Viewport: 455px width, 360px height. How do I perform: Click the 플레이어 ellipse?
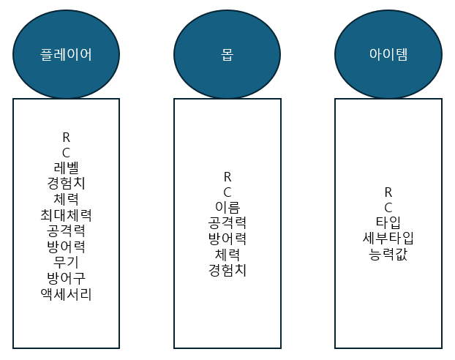[x=66, y=54]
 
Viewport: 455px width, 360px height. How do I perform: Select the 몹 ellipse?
[x=227, y=54]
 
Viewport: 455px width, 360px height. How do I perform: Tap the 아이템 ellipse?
[x=388, y=54]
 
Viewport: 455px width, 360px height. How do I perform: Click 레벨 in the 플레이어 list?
[x=66, y=168]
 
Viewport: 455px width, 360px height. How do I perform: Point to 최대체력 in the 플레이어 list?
[x=66, y=215]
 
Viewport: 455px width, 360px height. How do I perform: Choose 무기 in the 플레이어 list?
[x=66, y=262]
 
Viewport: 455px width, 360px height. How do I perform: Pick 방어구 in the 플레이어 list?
[x=66, y=278]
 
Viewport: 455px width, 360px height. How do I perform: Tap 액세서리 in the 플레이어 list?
[x=66, y=294]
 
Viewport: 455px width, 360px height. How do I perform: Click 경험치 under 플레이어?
[x=66, y=184]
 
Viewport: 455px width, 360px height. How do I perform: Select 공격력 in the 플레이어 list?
[x=66, y=231]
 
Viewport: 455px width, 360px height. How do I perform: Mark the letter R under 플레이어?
[x=66, y=137]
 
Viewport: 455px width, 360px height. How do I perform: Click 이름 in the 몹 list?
[x=227, y=208]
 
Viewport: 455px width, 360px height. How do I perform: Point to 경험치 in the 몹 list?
[x=227, y=270]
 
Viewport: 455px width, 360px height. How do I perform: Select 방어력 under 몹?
[x=227, y=239]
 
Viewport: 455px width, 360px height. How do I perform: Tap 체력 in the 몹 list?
[x=227, y=255]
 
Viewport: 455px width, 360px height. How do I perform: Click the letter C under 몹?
[x=227, y=192]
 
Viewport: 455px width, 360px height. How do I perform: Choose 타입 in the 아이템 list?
[x=388, y=223]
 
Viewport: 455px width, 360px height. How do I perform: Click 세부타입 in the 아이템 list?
[x=388, y=239]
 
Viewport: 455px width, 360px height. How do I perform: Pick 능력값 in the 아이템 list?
[x=388, y=255]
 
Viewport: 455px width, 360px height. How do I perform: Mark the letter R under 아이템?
[x=388, y=192]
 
